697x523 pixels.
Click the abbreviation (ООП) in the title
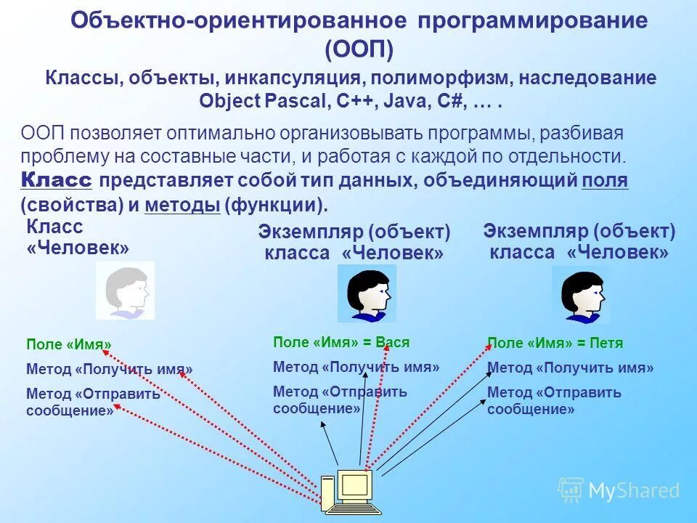click(x=359, y=49)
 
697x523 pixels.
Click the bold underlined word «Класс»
click(x=56, y=181)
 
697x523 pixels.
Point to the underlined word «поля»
click(x=605, y=181)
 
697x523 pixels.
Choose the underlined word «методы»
click(x=182, y=206)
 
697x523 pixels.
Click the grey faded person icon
click(x=126, y=291)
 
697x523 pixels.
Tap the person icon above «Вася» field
click(x=367, y=293)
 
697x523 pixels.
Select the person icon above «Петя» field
click(x=581, y=294)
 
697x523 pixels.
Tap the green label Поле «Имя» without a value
click(x=69, y=345)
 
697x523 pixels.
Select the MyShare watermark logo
click(x=619, y=491)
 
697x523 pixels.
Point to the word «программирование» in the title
click(x=532, y=20)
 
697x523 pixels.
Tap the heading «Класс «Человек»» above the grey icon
click(x=78, y=238)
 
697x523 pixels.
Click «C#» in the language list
click(x=449, y=102)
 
